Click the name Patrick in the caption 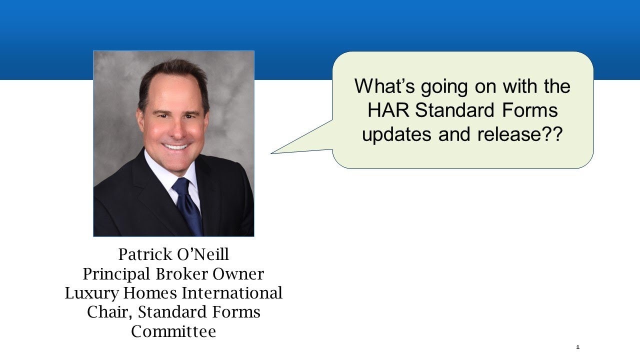click(x=144, y=254)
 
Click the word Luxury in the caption click(x=86, y=293)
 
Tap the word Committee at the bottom click(x=173, y=331)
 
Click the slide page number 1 click(x=577, y=347)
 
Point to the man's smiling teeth click(x=175, y=146)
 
